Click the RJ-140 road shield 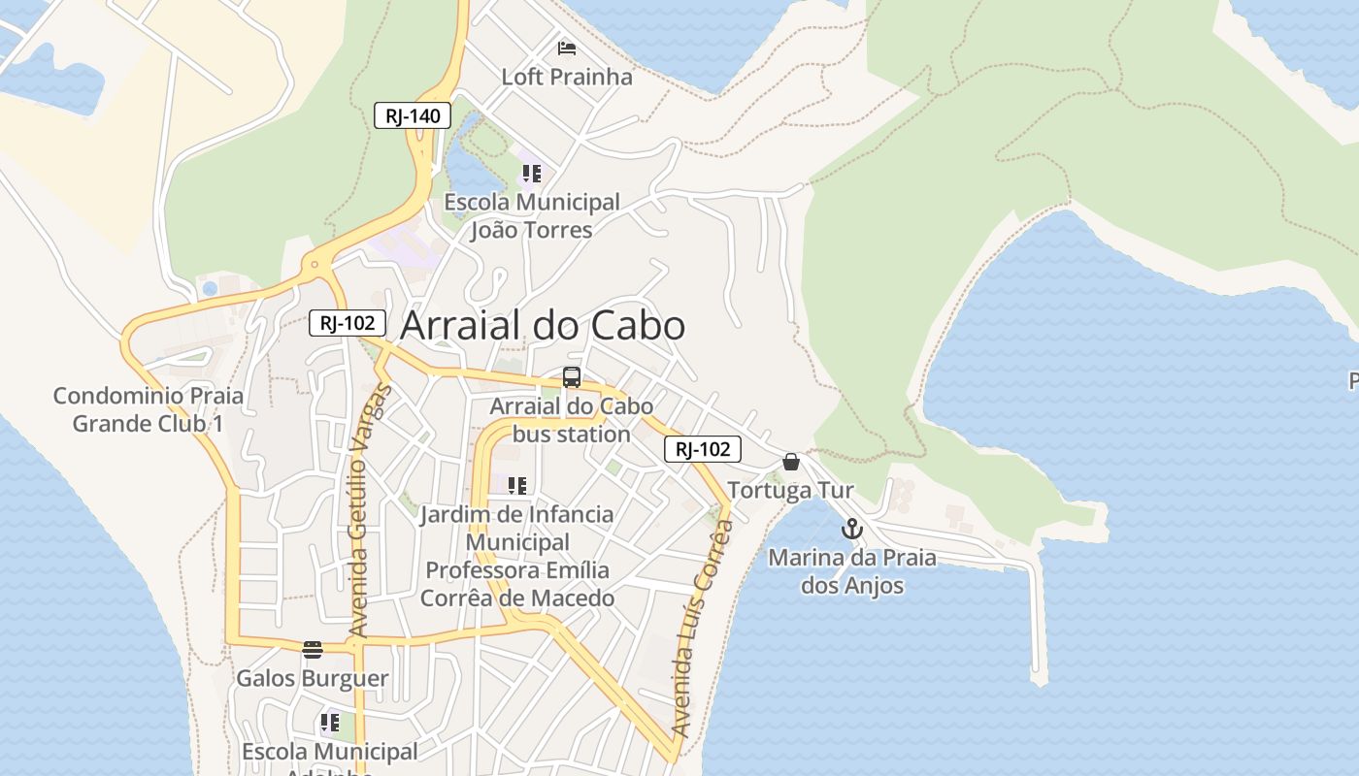click(413, 116)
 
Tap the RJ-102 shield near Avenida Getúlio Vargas click(348, 323)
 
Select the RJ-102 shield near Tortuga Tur click(703, 449)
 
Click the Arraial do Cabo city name click(543, 326)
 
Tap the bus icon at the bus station click(572, 378)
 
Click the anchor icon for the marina click(851, 530)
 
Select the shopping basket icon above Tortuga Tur click(791, 462)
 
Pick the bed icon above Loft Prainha click(567, 48)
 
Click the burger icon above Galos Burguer click(312, 650)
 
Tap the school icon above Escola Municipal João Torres click(531, 175)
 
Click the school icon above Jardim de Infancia click(517, 485)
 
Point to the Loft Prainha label click(567, 77)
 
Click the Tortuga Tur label click(791, 490)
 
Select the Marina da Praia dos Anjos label click(852, 571)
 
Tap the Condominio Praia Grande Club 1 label click(149, 409)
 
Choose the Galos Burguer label click(313, 678)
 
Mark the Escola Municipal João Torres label click(532, 215)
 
